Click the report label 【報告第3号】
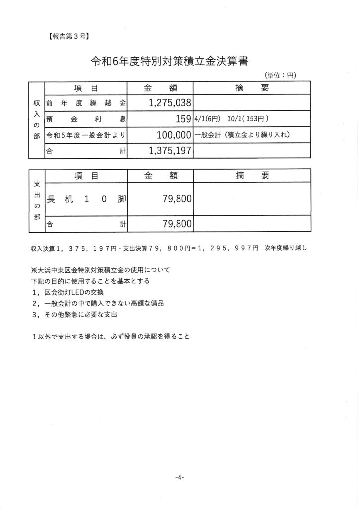(69, 36)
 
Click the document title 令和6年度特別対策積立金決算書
(170, 61)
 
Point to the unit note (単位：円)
(280, 76)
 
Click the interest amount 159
(183, 119)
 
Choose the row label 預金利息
(86, 119)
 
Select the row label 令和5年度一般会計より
(86, 135)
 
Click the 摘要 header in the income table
(251, 88)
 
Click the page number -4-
(180, 478)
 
